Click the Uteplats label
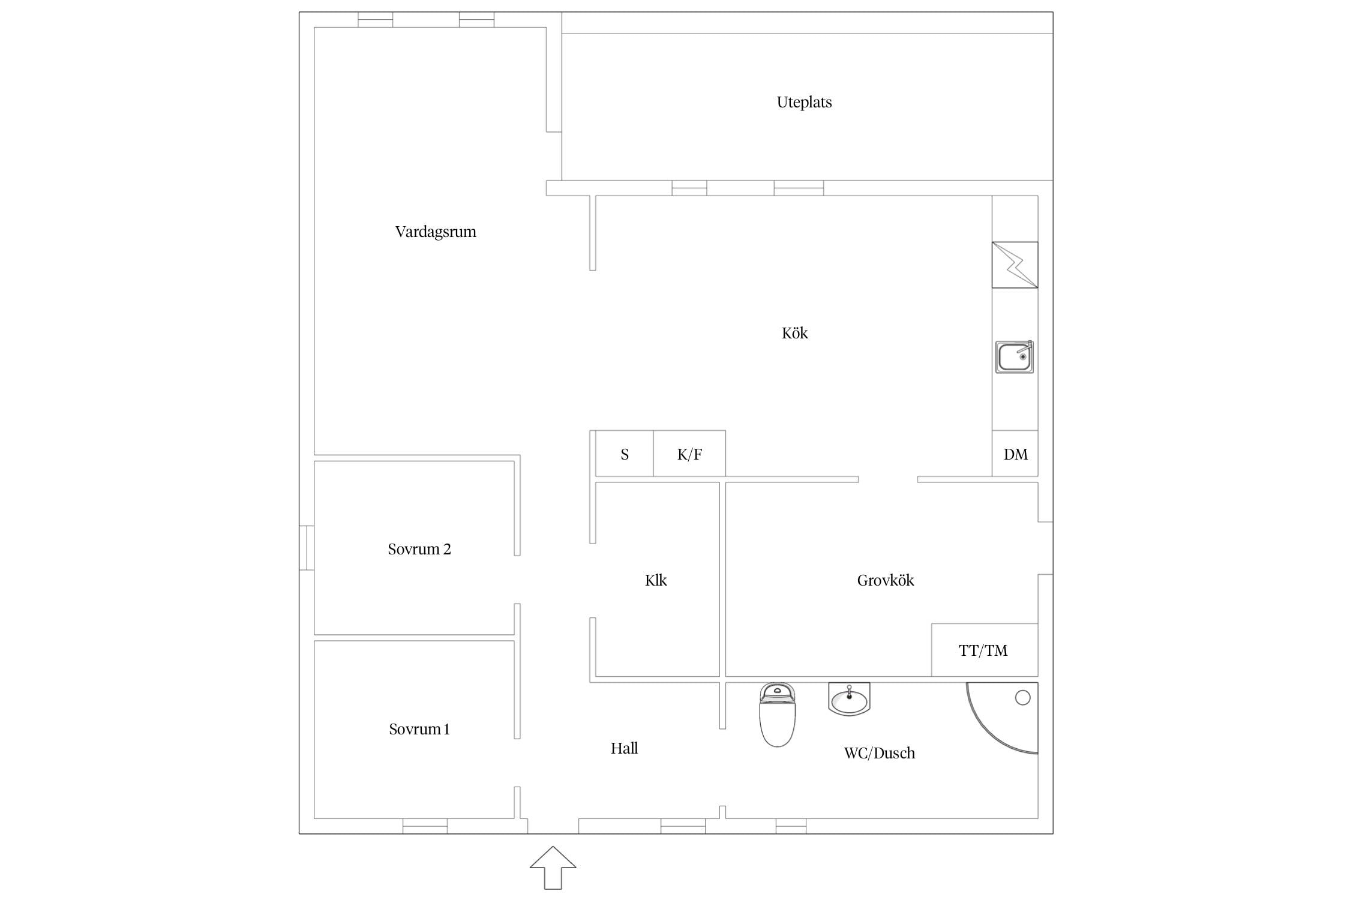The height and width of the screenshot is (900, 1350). pos(804,103)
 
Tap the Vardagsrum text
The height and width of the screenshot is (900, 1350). pos(436,232)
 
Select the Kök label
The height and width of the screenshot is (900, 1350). pos(794,333)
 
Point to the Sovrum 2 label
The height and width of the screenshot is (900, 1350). pos(419,549)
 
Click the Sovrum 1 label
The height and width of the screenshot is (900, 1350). pos(419,729)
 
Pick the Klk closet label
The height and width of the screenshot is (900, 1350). pos(656,580)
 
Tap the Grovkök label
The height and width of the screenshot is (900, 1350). pos(886,580)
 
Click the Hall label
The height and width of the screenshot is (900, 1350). pos(624,748)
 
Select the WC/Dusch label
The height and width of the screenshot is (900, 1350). pos(880,753)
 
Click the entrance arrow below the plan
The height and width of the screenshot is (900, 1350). pos(553,868)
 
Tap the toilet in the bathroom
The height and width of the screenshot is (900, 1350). pos(778,715)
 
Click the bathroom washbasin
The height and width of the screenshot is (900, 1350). pos(849,699)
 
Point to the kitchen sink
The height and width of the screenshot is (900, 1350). pos(1015,357)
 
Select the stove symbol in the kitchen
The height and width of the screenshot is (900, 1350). pos(1015,265)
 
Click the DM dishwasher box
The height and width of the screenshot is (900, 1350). pos(1015,454)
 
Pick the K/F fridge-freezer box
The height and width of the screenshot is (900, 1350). pos(689,454)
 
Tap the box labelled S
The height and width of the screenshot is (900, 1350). pos(625,454)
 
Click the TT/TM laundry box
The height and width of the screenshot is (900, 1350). pos(985,650)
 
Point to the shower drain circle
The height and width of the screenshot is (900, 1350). pos(1022,697)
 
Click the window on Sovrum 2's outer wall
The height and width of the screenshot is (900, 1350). pos(307,548)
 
